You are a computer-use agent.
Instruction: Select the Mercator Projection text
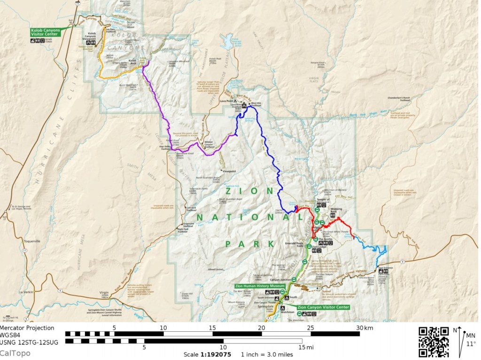(x=27, y=328)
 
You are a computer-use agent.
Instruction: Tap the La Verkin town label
(x=25, y=292)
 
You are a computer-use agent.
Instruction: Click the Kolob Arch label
(x=132, y=61)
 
